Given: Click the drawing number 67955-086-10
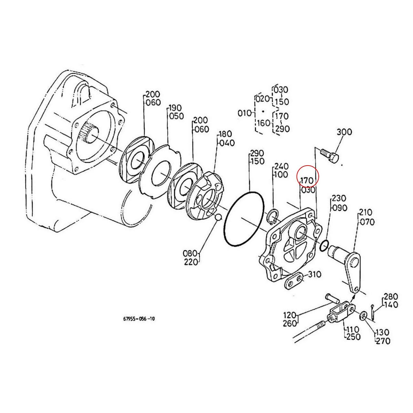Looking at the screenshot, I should point(139,319).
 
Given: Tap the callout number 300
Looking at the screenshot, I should point(344,132).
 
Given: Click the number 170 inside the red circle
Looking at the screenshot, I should point(306,180).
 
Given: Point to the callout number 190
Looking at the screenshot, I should point(175,108).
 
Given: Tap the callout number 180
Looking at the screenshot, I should point(225,134).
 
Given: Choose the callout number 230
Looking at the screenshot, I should point(339,199).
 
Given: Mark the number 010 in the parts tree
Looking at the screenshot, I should point(245,113).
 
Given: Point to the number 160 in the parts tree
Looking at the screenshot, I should point(264,123).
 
